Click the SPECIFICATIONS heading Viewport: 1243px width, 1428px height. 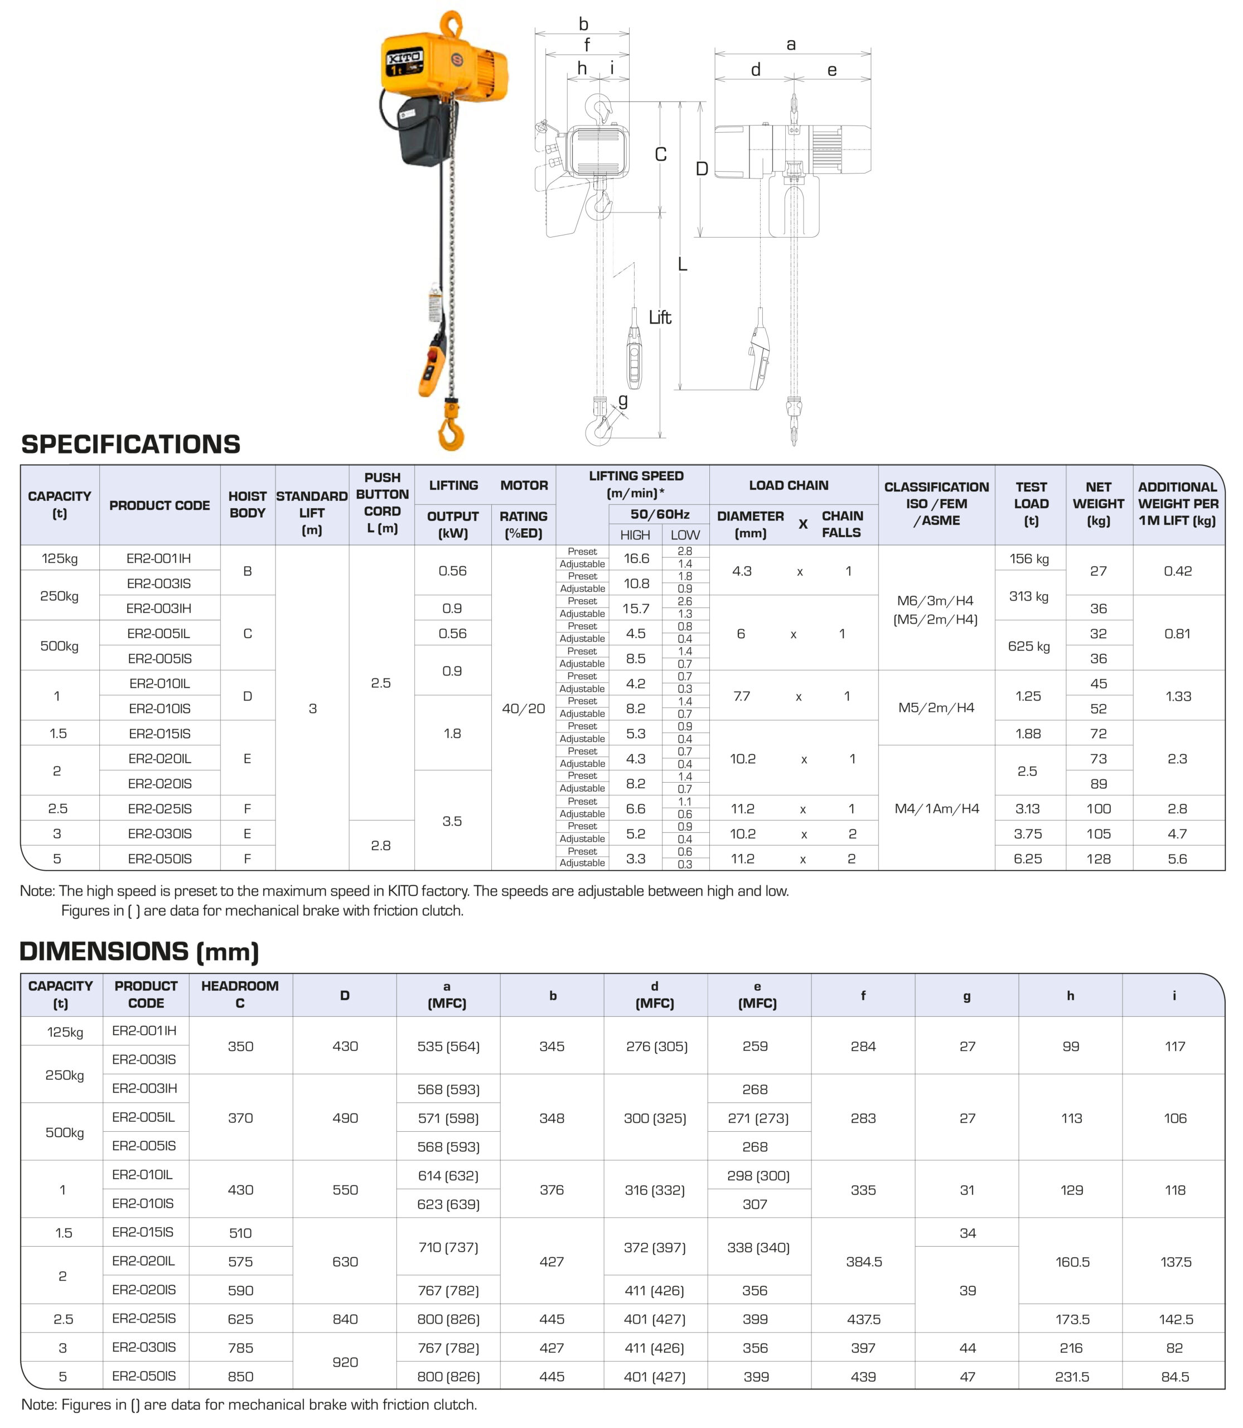click(x=130, y=444)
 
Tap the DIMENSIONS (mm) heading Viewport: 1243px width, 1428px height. click(x=139, y=951)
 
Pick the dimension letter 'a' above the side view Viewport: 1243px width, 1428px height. click(x=791, y=45)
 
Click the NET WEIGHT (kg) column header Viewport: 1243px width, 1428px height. click(x=1098, y=504)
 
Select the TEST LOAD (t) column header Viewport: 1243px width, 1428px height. click(x=1031, y=504)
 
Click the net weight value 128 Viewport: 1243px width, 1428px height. click(x=1098, y=858)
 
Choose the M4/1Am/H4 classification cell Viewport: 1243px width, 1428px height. click(x=936, y=808)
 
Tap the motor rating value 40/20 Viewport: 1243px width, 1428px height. click(x=523, y=708)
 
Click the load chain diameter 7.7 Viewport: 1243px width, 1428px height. click(x=742, y=696)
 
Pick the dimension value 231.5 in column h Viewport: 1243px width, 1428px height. click(x=1072, y=1376)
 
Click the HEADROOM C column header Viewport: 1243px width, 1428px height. click(x=240, y=995)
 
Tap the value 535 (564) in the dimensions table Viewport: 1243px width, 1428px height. click(x=448, y=1046)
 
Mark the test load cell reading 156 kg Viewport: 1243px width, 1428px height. click(x=1029, y=558)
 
